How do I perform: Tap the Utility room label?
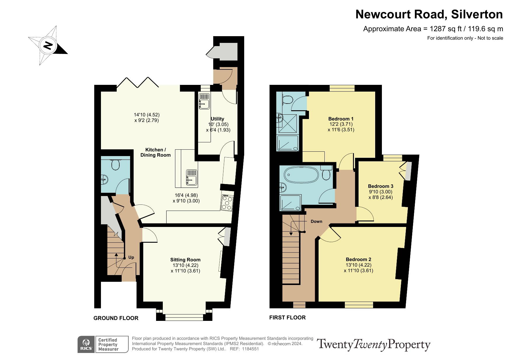point(217,119)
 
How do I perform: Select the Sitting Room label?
point(186,260)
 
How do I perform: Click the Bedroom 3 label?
point(381,186)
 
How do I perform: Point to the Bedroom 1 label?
point(341,119)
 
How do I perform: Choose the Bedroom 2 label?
point(359,259)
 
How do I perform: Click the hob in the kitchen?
point(227,202)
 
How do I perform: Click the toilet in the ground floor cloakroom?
point(116,165)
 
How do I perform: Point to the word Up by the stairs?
point(131,257)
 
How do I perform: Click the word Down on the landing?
point(317,221)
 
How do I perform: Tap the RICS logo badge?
point(86,344)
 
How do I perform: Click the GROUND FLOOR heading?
point(116,318)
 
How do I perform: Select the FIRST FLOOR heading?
point(287,317)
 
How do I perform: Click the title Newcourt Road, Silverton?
point(429,14)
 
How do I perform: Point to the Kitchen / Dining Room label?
point(155,152)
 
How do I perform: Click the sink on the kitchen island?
point(192,178)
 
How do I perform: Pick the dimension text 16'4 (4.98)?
point(186,195)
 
